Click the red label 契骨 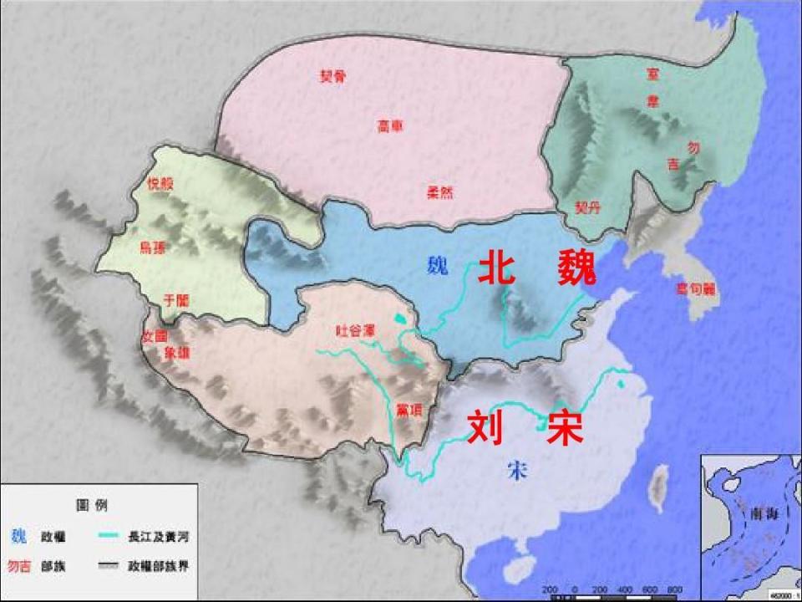tap(332, 76)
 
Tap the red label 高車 tap(389, 126)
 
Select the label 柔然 tap(439, 191)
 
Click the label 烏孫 tap(153, 247)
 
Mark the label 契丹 tap(587, 206)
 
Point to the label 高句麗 tap(694, 289)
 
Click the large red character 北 tap(497, 269)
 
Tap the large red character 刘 tap(485, 428)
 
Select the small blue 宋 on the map tap(517, 470)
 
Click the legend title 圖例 tap(92, 506)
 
